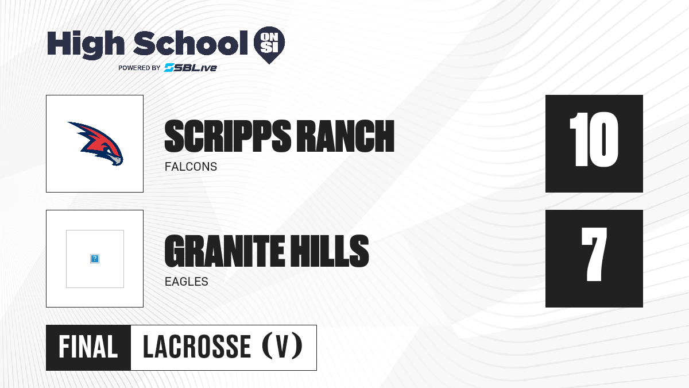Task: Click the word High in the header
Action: [86, 44]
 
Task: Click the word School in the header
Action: [191, 43]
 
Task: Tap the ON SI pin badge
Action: [269, 45]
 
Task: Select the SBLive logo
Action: [190, 68]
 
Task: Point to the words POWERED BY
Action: [140, 68]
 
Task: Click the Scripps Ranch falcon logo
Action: [95, 144]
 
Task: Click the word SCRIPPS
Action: [228, 136]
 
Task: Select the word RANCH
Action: [346, 136]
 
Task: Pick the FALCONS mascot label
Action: [191, 167]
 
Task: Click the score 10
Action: [594, 140]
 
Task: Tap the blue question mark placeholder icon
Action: [95, 259]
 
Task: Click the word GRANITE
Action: [225, 251]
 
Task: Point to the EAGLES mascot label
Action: [187, 282]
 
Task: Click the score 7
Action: [594, 254]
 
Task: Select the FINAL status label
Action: [88, 347]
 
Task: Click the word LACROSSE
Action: [197, 347]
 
